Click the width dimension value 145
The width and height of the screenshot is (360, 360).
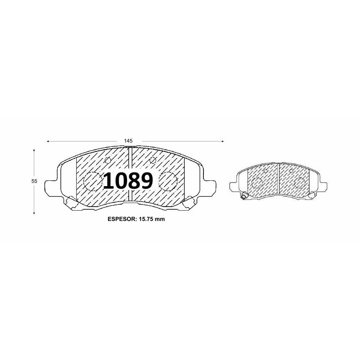(129, 141)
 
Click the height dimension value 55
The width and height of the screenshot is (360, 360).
(34, 181)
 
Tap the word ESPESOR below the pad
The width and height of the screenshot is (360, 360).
(122, 219)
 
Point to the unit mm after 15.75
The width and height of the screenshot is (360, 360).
(159, 219)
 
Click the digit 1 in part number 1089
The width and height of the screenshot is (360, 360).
(109, 181)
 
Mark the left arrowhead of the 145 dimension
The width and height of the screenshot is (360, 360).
(48, 141)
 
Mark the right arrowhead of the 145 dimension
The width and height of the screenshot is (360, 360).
(222, 141)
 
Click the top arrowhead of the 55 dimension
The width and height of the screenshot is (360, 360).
(34, 150)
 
